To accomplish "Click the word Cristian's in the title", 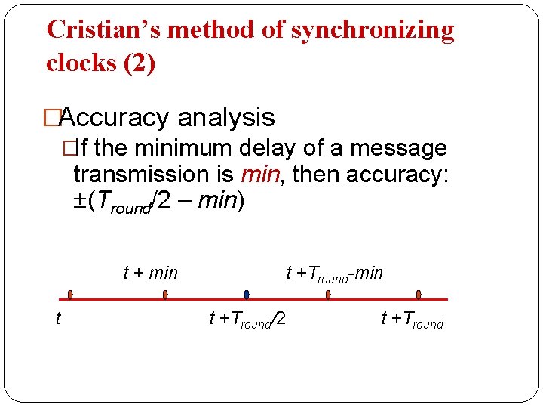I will (x=104, y=29).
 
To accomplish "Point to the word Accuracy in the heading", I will (x=113, y=118).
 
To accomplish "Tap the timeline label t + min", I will (x=150, y=273).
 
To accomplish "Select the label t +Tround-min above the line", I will (x=334, y=274).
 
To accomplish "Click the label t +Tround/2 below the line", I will (x=247, y=320).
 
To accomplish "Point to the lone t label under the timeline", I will (x=58, y=320).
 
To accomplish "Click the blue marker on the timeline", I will (x=247, y=295).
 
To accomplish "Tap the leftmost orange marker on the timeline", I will (x=69, y=295).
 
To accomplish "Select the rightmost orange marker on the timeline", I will (x=419, y=295).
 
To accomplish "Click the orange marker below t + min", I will (x=165, y=295).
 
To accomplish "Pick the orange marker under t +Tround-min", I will (x=328, y=295).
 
